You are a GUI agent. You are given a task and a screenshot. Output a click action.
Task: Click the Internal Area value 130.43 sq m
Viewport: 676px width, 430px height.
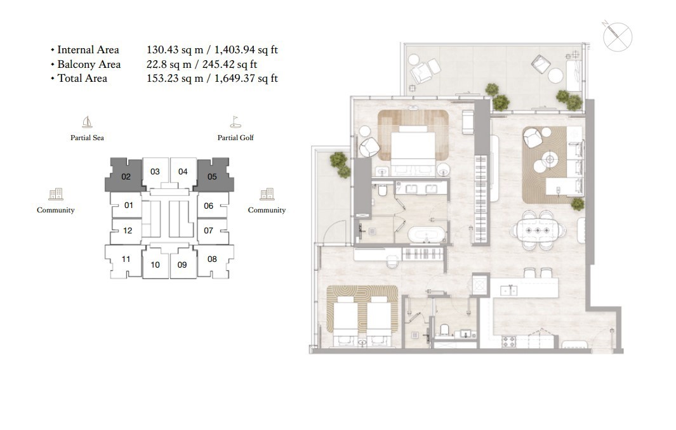point(175,50)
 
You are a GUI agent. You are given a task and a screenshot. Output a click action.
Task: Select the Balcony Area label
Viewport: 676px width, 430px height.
point(89,64)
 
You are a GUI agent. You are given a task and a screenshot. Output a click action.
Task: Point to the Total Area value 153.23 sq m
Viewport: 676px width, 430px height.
point(175,79)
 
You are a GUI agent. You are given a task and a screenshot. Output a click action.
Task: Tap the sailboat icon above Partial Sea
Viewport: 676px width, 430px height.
point(87,122)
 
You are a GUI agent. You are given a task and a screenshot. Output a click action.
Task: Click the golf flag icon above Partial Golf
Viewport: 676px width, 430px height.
point(235,122)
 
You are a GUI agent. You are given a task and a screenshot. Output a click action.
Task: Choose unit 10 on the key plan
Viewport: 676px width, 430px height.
point(156,264)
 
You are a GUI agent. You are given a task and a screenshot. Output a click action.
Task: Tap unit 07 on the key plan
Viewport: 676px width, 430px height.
point(209,230)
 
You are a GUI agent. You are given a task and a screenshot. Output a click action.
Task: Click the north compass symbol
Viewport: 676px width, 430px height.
point(617,37)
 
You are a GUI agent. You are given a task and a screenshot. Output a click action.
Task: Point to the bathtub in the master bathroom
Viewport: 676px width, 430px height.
point(426,235)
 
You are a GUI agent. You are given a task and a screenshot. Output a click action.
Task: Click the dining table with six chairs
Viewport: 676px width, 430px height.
point(538,230)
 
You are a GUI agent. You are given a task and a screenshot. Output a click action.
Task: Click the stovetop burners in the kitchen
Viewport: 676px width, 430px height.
point(508,342)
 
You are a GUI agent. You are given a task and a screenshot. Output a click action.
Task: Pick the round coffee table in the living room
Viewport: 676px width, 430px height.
point(550,159)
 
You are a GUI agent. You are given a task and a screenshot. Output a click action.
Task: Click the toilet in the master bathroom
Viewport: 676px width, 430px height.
point(383,190)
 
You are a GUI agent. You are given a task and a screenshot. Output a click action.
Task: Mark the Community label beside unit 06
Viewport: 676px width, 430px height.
point(267,210)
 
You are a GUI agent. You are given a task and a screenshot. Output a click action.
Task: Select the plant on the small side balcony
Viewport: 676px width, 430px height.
point(340,164)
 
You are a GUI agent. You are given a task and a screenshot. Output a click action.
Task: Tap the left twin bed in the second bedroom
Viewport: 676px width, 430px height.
point(347,322)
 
